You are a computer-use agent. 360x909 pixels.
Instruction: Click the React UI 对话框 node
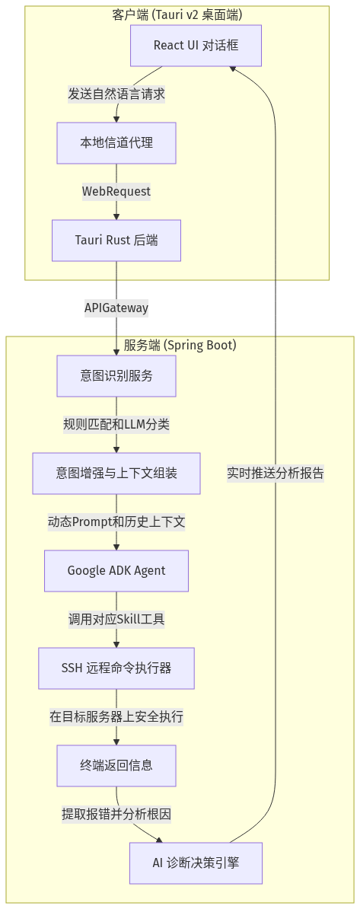click(x=196, y=45)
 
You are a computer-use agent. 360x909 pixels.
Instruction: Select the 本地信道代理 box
click(x=116, y=142)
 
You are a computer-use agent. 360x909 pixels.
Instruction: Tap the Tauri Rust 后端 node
click(x=116, y=240)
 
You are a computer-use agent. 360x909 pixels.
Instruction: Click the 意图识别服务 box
click(x=116, y=375)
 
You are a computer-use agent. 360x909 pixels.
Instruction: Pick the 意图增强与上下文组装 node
click(x=116, y=473)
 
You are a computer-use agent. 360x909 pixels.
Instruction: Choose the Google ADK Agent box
click(x=116, y=570)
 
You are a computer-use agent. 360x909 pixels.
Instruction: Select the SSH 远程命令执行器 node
click(x=116, y=668)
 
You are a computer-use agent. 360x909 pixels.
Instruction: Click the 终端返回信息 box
click(x=116, y=765)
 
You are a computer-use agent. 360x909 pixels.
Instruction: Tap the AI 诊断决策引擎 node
click(x=196, y=863)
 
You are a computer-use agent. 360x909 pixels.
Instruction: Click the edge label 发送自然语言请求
click(x=116, y=94)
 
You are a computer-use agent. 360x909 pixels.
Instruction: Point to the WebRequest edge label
click(x=116, y=191)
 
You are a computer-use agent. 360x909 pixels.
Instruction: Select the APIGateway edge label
click(x=116, y=308)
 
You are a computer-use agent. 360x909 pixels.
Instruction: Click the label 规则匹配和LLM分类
click(x=116, y=424)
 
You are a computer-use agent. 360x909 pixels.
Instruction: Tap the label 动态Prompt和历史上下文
click(x=116, y=521)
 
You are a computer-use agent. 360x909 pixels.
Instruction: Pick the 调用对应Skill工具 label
click(x=116, y=619)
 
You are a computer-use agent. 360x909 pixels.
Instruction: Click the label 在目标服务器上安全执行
click(x=116, y=716)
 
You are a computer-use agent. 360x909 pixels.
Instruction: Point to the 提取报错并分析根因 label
click(x=116, y=814)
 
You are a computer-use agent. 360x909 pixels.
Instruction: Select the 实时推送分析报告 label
click(x=276, y=473)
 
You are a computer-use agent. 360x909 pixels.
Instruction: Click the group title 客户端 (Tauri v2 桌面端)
click(x=177, y=14)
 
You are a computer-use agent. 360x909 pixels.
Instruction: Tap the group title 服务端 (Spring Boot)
click(x=180, y=346)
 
